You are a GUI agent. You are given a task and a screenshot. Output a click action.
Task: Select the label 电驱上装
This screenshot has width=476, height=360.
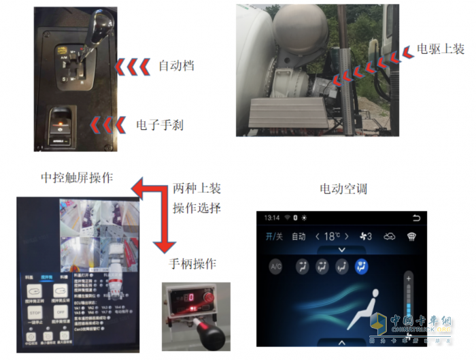[x=440, y=49]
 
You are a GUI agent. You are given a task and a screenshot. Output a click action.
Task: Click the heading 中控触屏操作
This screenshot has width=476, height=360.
[x=77, y=178]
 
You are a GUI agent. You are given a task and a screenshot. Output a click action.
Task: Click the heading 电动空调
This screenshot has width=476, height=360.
[x=343, y=189]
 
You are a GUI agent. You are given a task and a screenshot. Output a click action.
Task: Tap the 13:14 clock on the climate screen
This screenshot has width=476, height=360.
[x=272, y=217]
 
